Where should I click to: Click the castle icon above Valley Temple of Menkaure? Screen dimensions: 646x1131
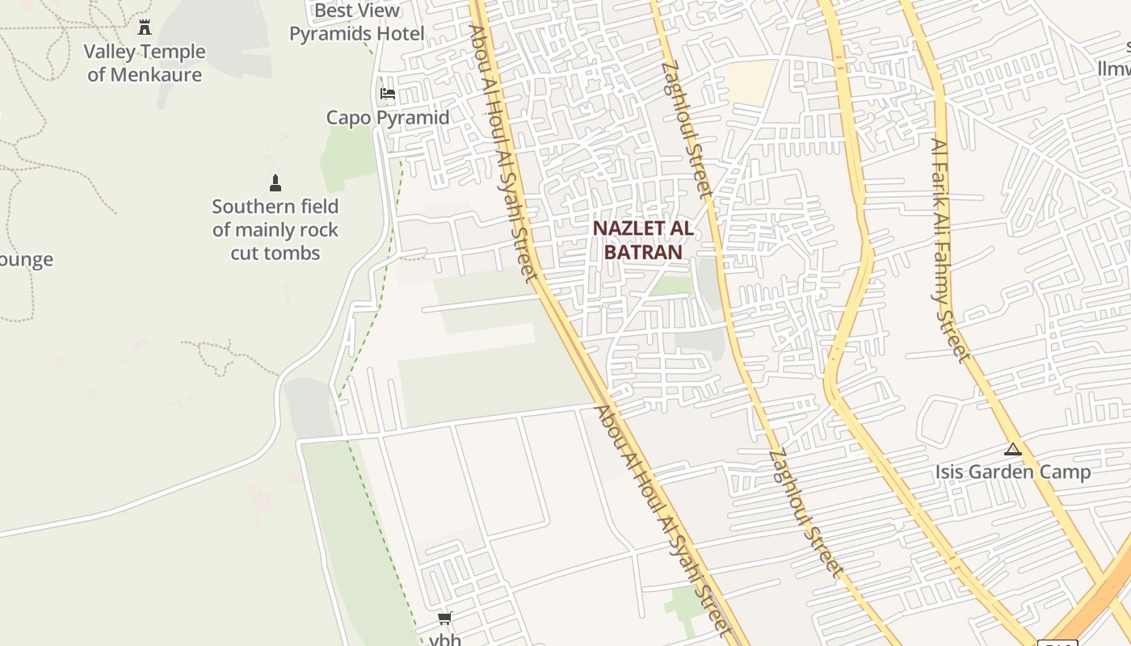click(145, 27)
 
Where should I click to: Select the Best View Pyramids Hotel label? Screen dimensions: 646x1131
click(357, 23)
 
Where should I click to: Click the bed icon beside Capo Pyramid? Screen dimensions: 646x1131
click(388, 94)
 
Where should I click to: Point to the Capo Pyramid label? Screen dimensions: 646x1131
click(388, 118)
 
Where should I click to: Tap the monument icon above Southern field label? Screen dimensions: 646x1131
click(275, 183)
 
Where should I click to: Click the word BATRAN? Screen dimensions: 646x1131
click(643, 252)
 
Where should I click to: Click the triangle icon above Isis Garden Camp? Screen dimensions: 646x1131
click(1012, 450)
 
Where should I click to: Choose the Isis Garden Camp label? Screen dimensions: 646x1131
click(1013, 472)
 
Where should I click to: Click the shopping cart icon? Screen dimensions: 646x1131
click(444, 619)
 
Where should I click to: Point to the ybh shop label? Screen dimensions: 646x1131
click(445, 640)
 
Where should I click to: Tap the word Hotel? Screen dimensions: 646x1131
click(399, 34)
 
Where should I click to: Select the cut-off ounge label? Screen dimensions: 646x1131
click(26, 260)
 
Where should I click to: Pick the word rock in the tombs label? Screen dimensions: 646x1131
click(317, 230)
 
